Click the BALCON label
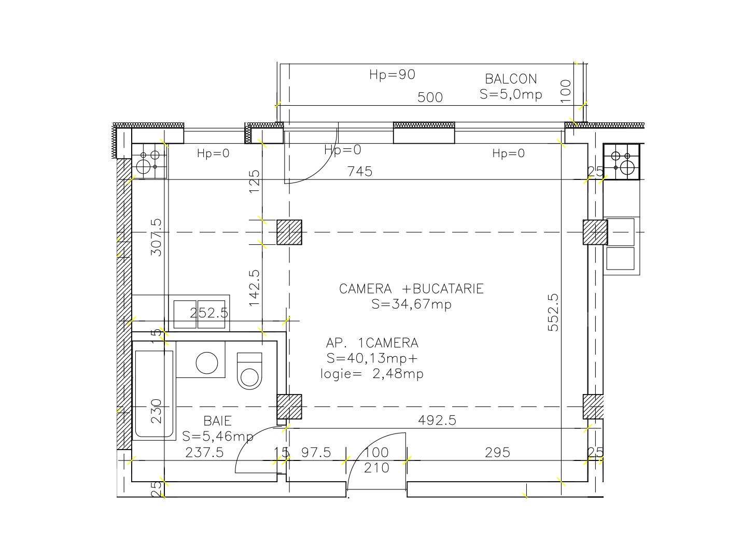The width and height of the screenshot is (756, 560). pyautogui.click(x=511, y=79)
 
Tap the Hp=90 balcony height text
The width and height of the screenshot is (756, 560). pyautogui.click(x=392, y=75)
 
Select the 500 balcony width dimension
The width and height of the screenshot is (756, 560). pyautogui.click(x=430, y=97)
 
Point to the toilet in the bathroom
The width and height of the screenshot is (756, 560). pyautogui.click(x=250, y=370)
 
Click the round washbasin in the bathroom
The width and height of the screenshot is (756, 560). pyautogui.click(x=207, y=362)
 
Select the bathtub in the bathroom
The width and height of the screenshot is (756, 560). pyautogui.click(x=154, y=394)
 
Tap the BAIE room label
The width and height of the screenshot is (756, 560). pyautogui.click(x=217, y=421)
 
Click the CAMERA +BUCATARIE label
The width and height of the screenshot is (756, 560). pyautogui.click(x=411, y=289)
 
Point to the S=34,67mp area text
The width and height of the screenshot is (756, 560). pyautogui.click(x=411, y=304)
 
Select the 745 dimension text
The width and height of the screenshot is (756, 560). pyautogui.click(x=360, y=171)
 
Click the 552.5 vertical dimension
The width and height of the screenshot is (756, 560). pyautogui.click(x=553, y=312)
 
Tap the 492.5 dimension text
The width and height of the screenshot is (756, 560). pyautogui.click(x=437, y=421)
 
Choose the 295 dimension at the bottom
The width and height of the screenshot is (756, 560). pyautogui.click(x=497, y=453)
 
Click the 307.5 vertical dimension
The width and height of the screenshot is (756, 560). pyautogui.click(x=156, y=237)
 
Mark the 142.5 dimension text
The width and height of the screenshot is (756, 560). pyautogui.click(x=254, y=287)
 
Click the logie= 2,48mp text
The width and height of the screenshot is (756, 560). pyautogui.click(x=372, y=374)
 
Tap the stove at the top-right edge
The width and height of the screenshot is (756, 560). pyautogui.click(x=622, y=162)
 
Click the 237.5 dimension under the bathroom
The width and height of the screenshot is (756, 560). pyautogui.click(x=204, y=453)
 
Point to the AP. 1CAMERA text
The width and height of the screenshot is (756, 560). pyautogui.click(x=372, y=343)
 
